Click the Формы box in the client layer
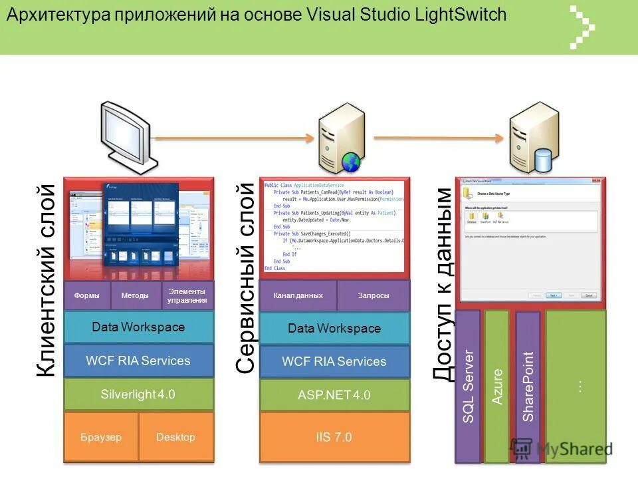coord(87,295)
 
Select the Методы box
coord(135,295)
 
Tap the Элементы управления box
coord(187,295)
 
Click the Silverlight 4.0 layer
coord(138,394)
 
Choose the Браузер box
coord(101,437)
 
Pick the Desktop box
coord(175,437)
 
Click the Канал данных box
coord(298,295)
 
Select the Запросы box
coord(373,295)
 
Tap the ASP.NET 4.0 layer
coord(334,395)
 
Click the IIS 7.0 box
coord(334,437)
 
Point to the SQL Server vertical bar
coord(468,386)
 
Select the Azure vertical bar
coord(497,386)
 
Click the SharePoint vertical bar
coord(528,386)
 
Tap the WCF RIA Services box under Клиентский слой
coord(138,361)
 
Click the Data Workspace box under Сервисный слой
coord(334,328)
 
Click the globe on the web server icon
coord(351,162)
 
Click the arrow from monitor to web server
coord(236,138)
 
